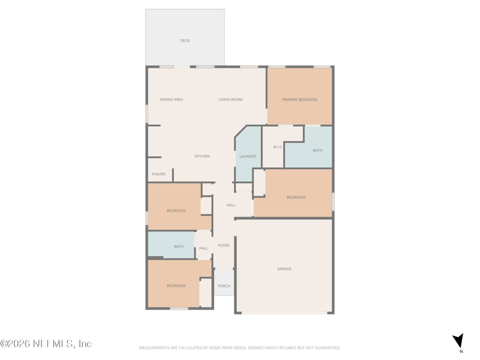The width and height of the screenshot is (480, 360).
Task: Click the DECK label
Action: [x=185, y=41]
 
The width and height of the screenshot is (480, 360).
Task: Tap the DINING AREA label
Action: [x=172, y=100]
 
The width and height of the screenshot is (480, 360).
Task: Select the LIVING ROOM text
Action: [x=230, y=100]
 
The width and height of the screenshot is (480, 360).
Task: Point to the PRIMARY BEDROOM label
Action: [x=299, y=100]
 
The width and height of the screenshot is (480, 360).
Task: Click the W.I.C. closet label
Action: [x=278, y=147]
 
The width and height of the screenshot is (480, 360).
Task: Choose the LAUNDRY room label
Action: [x=248, y=157]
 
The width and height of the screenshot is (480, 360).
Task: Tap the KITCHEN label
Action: [x=202, y=157]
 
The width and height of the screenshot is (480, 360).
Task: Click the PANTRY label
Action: [x=159, y=175]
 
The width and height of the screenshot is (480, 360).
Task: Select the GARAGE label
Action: [x=284, y=269]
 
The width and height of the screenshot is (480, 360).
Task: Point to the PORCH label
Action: [x=224, y=286]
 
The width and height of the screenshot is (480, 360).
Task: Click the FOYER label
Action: [x=224, y=245]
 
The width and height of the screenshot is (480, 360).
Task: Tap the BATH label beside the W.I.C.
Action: [x=317, y=151]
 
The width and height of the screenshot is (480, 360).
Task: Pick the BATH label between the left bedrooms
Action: [x=179, y=247]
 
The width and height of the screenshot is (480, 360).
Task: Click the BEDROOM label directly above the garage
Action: [x=296, y=197]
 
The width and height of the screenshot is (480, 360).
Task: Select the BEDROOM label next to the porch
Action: [x=176, y=286]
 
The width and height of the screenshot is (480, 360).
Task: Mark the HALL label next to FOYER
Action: [x=203, y=248]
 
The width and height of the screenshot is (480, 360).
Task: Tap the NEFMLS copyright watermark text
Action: [x=46, y=344]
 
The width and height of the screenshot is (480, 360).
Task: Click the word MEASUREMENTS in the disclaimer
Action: [x=154, y=348]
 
